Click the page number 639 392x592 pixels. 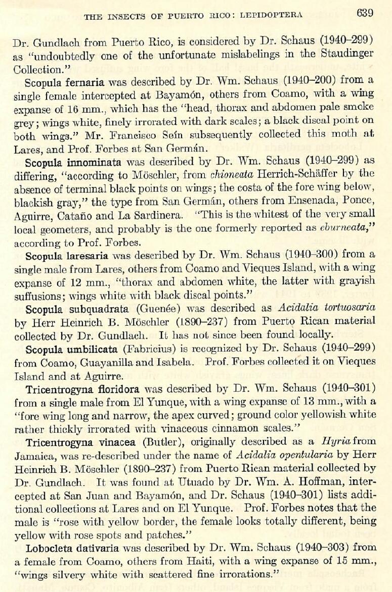point(365,13)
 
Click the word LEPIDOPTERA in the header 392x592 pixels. point(271,15)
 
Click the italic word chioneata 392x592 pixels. point(203,173)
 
